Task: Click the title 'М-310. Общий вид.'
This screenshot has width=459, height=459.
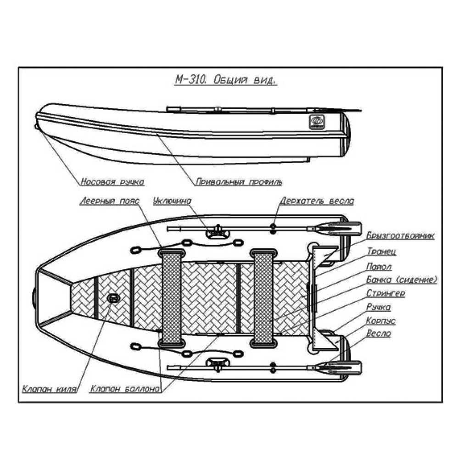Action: [225, 81]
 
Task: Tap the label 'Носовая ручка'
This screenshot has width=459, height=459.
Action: [112, 182]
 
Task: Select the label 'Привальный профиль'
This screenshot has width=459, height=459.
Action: [239, 182]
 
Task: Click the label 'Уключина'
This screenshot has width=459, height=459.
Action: [172, 201]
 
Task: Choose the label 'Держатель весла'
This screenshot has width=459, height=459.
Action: [317, 201]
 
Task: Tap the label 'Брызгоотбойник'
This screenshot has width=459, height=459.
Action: [400, 235]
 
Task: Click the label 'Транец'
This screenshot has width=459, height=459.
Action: [381, 251]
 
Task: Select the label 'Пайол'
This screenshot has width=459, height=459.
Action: [379, 266]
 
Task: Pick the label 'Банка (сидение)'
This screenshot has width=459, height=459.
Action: [402, 279]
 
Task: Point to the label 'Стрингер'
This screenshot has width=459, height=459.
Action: [386, 293]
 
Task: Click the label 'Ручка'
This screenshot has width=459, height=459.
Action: [379, 307]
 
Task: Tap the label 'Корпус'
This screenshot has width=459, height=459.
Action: [381, 320]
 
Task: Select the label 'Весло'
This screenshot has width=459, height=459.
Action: [379, 334]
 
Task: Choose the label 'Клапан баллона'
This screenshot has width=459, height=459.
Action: [125, 390]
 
